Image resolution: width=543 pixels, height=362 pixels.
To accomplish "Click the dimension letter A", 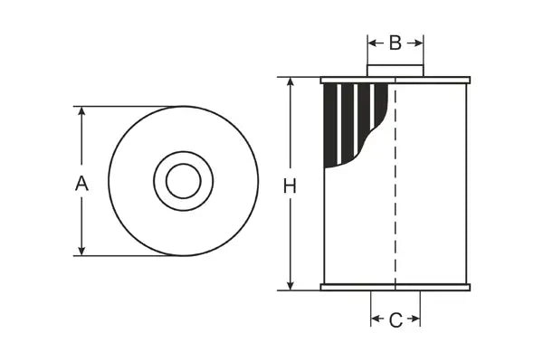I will (x=81, y=183).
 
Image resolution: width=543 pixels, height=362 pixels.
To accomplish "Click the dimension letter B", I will (x=395, y=43).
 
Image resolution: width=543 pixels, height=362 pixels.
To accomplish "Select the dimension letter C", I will (x=395, y=319).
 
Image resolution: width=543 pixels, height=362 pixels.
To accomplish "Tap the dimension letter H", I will (x=290, y=186).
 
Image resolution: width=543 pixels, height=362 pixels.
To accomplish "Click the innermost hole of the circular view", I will (x=184, y=181).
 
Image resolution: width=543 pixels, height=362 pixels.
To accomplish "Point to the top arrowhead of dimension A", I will (x=81, y=111).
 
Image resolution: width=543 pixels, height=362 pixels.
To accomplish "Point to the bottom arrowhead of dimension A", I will (x=81, y=251).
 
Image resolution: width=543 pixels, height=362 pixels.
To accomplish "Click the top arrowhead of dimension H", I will (x=291, y=82).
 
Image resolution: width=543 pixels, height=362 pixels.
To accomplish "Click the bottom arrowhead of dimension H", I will (x=291, y=285).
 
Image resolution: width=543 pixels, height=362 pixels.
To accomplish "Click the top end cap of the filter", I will (x=395, y=80).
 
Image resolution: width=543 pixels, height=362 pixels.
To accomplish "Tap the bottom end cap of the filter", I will (x=395, y=288).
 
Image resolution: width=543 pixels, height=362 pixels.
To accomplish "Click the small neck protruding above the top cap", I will (x=395, y=71).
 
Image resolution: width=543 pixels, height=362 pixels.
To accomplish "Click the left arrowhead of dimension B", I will (x=372, y=43).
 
